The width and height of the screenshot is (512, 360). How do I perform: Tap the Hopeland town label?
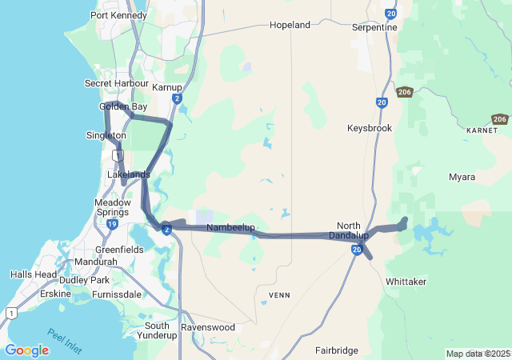coord(290,25)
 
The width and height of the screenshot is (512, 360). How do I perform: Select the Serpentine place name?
coord(374,27)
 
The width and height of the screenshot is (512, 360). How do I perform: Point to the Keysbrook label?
coord(370,128)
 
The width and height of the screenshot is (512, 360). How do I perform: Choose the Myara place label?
coord(462,177)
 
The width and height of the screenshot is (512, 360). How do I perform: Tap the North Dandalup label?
coord(353,230)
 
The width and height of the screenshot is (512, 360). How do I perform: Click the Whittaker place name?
coord(406,282)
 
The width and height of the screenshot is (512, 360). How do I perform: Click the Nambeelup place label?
coord(230,228)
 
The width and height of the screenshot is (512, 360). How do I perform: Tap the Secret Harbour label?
coord(117,83)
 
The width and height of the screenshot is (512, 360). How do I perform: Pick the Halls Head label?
coord(34,274)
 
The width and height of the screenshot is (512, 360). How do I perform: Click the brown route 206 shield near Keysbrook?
coord(404,92)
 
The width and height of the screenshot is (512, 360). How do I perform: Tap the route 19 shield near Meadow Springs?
coord(113,225)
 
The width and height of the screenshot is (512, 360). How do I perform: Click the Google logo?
coord(26,350)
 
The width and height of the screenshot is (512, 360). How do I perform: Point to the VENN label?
coord(279,295)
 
